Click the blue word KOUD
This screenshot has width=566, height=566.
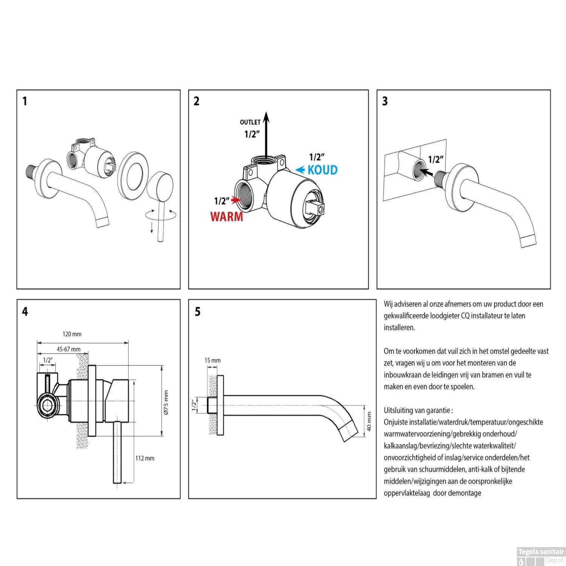tap(322, 170)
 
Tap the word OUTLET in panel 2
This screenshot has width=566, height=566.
tap(250, 122)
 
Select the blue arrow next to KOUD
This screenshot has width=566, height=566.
tap(300, 170)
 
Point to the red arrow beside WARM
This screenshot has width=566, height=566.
tap(236, 200)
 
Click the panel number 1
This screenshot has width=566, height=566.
tap(25, 101)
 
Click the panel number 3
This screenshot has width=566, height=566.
tap(385, 101)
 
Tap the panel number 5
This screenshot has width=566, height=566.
tap(198, 312)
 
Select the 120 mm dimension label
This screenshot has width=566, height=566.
tap(72, 334)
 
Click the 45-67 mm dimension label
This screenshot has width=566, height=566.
tap(68, 349)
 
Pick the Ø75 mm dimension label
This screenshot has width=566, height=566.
tap(166, 403)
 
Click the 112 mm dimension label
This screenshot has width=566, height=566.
tap(145, 458)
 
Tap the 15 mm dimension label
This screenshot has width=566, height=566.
tap(212, 360)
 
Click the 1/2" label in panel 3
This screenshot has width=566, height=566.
tap(435, 160)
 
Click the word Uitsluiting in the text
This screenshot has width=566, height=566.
tap(398, 410)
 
